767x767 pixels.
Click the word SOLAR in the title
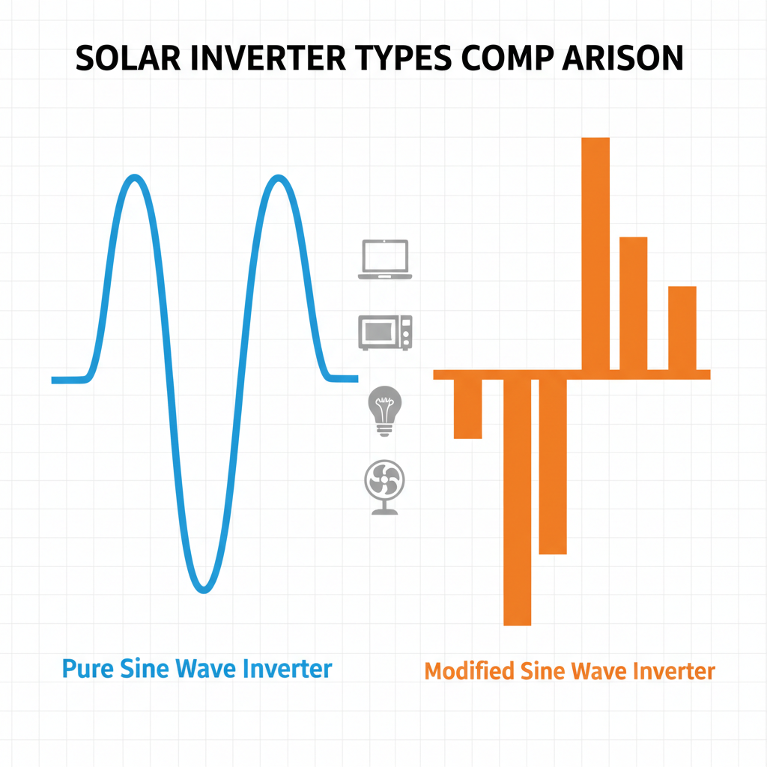click(128, 58)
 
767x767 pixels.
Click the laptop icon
click(385, 259)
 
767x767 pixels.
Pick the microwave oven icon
click(385, 333)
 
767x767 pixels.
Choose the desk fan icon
click(384, 487)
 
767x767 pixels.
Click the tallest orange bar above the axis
click(595, 254)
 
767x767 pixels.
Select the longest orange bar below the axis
click(518, 502)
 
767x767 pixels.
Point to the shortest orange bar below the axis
click(467, 408)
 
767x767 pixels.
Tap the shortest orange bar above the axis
click(682, 328)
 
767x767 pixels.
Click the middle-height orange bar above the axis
click(634, 304)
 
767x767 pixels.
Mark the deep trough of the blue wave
click(204, 589)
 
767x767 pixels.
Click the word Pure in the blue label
click(88, 669)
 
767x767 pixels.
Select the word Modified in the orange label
click(469, 670)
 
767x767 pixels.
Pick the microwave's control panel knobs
click(405, 333)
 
